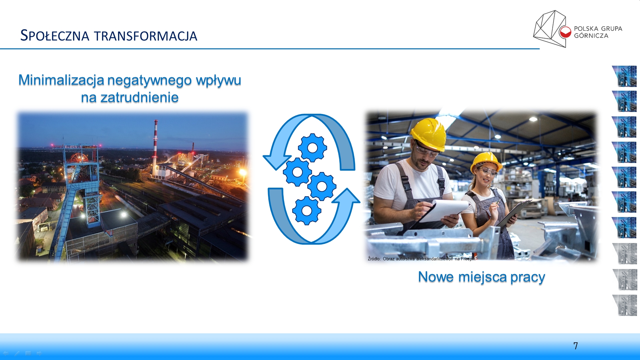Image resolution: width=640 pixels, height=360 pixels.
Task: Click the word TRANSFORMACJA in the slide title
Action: pos(146,36)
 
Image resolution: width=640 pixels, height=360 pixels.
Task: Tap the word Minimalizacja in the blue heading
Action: pos(61,80)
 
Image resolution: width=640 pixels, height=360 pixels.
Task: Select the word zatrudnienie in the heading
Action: pos(140,98)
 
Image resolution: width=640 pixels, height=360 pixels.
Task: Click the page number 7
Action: pos(576,346)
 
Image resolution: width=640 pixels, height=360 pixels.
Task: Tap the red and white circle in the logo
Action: pos(565,32)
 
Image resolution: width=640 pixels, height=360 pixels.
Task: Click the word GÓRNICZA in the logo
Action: pos(591,36)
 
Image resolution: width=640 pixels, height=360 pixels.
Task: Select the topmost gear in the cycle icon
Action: pos(312,148)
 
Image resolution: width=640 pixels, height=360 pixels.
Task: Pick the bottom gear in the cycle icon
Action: pos(307,211)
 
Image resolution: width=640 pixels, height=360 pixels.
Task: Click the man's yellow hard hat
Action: pos(429,133)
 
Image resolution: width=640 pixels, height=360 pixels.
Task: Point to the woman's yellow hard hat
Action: pos(486,162)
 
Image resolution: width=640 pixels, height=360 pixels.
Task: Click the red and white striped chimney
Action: pos(155,143)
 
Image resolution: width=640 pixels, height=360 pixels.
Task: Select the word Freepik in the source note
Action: pos(468,259)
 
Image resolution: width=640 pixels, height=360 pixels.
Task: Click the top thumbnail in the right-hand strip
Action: pos(624,76)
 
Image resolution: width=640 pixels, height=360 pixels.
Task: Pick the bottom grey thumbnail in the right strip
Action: pos(625,305)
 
